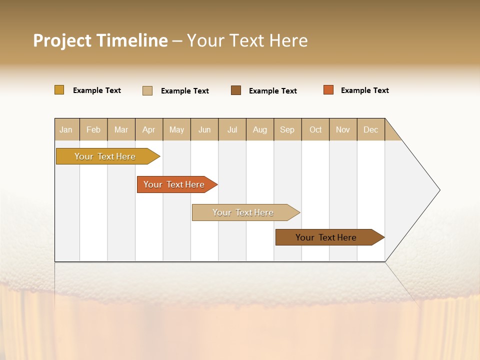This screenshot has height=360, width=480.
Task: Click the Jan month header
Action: (66, 129)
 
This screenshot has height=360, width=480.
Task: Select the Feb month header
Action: (93, 129)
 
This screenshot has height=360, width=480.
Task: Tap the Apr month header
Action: (148, 129)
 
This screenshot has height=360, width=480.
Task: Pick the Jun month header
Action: (204, 129)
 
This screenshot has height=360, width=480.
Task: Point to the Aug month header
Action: (259, 129)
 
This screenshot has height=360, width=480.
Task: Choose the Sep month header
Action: (287, 129)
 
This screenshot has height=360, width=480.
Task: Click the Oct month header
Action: (315, 129)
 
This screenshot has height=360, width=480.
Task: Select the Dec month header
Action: (370, 129)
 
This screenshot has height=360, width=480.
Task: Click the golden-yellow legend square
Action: (59, 90)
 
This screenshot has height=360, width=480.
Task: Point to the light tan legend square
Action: (147, 90)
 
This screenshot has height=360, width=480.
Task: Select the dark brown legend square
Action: (236, 90)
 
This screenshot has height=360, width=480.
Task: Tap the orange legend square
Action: (328, 90)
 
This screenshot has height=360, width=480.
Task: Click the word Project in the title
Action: (62, 40)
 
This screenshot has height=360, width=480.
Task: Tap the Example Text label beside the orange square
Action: (364, 90)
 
